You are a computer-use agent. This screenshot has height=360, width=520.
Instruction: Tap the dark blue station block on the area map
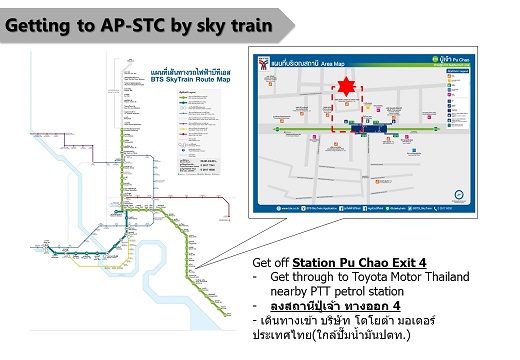pyautogui.click(x=372, y=126)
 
